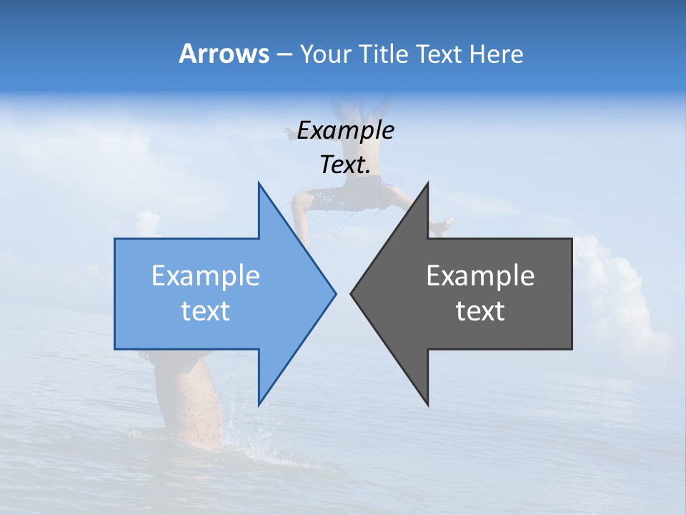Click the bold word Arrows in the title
224,54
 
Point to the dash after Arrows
284,54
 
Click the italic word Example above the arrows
345,130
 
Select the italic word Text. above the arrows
345,165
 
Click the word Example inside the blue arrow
206,276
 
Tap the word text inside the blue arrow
206,311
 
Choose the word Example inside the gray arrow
480,276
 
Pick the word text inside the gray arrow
480,311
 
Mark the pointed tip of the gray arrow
352,293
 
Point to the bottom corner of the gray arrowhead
427,404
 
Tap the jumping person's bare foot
442,227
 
